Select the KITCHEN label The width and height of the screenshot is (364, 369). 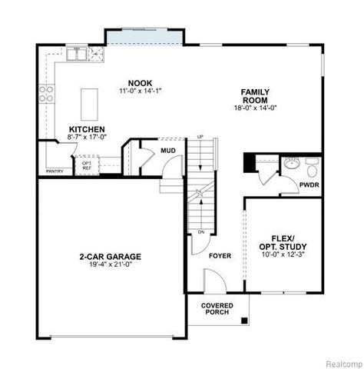coord(87,129)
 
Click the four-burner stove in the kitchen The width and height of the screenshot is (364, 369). coord(45,94)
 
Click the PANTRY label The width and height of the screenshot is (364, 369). coord(54,171)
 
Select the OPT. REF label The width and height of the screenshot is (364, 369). coord(87,165)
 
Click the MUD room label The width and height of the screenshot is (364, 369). coord(168,151)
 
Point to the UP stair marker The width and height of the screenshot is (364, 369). coord(200,137)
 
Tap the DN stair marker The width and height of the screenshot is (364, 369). coord(200,231)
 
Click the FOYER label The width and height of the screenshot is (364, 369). coord(220,254)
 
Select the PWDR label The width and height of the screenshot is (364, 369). coord(309,184)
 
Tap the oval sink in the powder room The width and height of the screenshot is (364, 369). coord(291,163)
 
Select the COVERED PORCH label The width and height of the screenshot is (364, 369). coord(217,309)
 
